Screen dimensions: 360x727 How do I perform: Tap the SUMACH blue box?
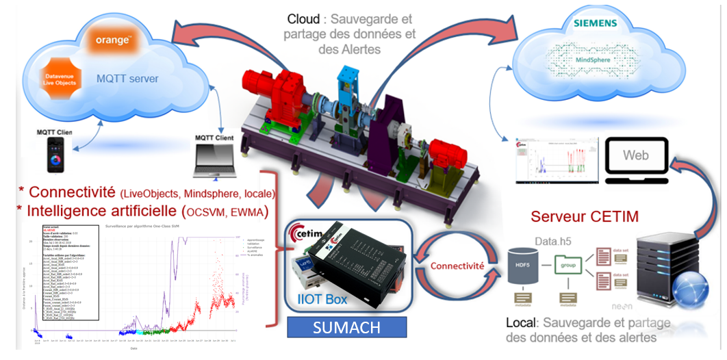(346, 327)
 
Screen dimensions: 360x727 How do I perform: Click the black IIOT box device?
(363, 267)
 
